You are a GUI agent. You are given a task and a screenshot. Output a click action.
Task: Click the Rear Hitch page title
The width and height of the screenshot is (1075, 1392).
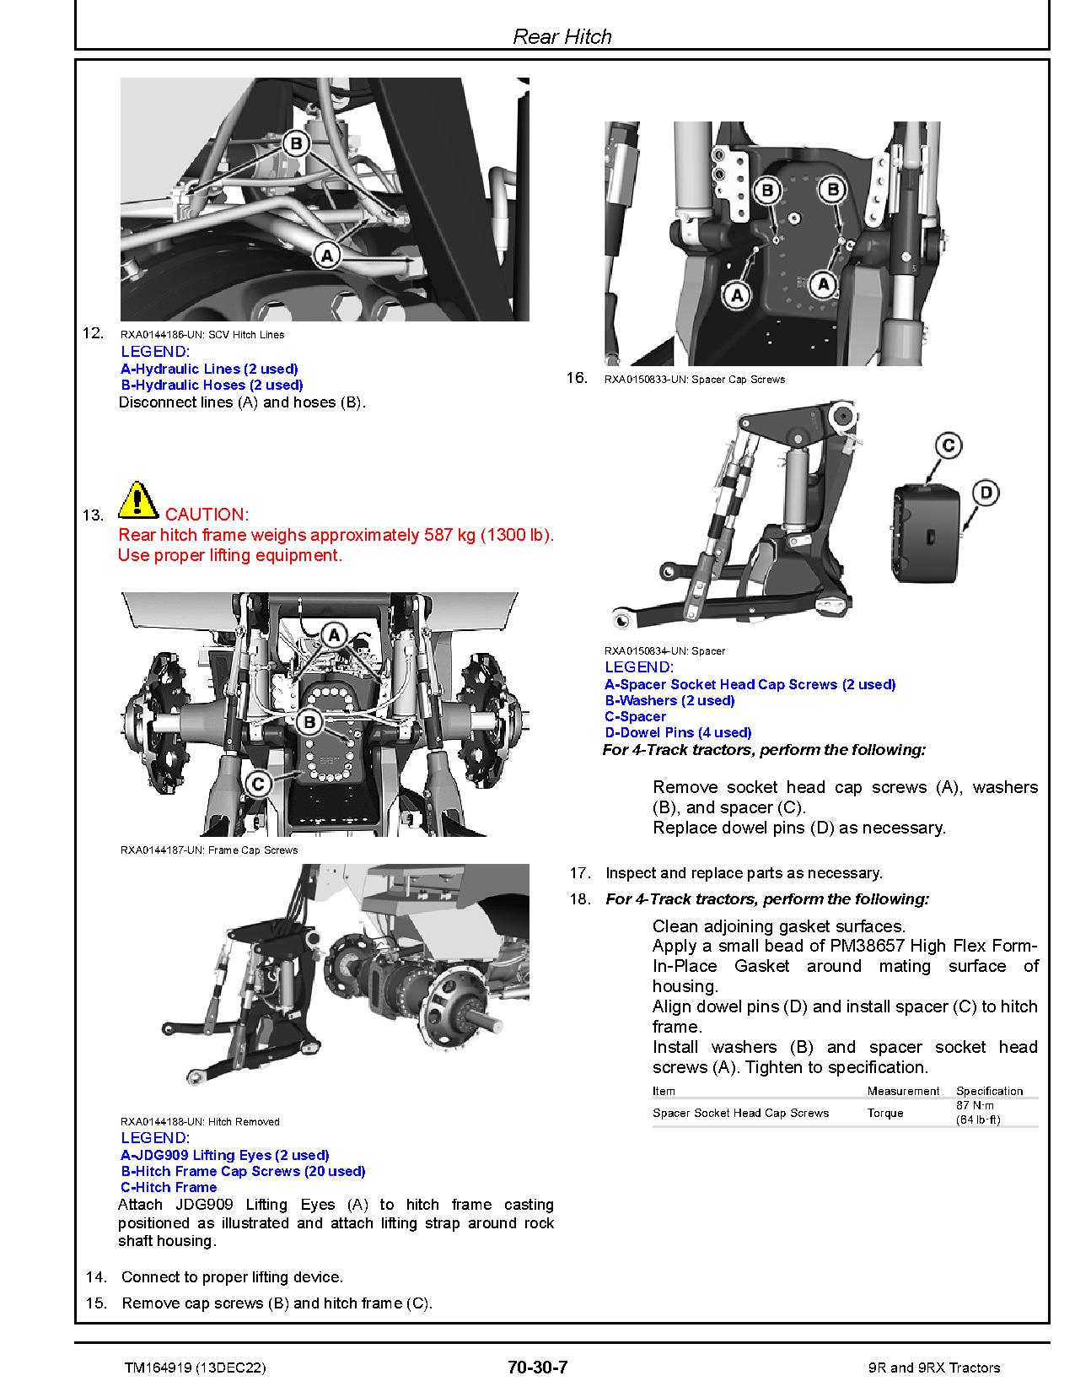pyautogui.click(x=562, y=36)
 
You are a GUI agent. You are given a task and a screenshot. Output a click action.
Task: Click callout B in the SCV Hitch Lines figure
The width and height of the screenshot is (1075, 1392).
pyautogui.click(x=295, y=144)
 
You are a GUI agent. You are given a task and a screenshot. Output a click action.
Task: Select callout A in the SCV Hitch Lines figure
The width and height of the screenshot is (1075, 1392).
pyautogui.click(x=327, y=254)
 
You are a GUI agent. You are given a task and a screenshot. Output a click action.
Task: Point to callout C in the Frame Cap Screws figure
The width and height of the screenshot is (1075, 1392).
pyautogui.click(x=258, y=784)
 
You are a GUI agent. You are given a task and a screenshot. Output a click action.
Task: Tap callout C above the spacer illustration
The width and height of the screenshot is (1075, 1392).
pyautogui.click(x=949, y=445)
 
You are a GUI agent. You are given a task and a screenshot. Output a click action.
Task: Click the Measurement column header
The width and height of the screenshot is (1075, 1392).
pyautogui.click(x=903, y=1091)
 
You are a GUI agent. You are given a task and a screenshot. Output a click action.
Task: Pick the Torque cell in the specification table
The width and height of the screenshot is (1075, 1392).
pyautogui.click(x=885, y=1113)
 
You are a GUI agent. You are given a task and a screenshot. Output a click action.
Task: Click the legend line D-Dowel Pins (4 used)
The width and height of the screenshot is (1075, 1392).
pyautogui.click(x=678, y=732)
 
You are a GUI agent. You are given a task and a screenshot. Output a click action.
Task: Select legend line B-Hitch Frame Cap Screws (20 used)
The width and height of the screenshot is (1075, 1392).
pyautogui.click(x=243, y=1171)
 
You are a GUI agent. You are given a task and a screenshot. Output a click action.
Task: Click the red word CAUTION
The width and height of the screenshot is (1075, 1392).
pyautogui.click(x=207, y=515)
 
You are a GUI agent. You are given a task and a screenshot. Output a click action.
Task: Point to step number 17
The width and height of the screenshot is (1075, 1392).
pyautogui.click(x=579, y=873)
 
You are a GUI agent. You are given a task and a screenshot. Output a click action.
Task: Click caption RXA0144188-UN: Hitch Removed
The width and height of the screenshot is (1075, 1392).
pyautogui.click(x=200, y=1121)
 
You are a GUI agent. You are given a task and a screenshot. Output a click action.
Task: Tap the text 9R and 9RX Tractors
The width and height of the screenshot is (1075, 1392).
pyautogui.click(x=933, y=1368)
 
